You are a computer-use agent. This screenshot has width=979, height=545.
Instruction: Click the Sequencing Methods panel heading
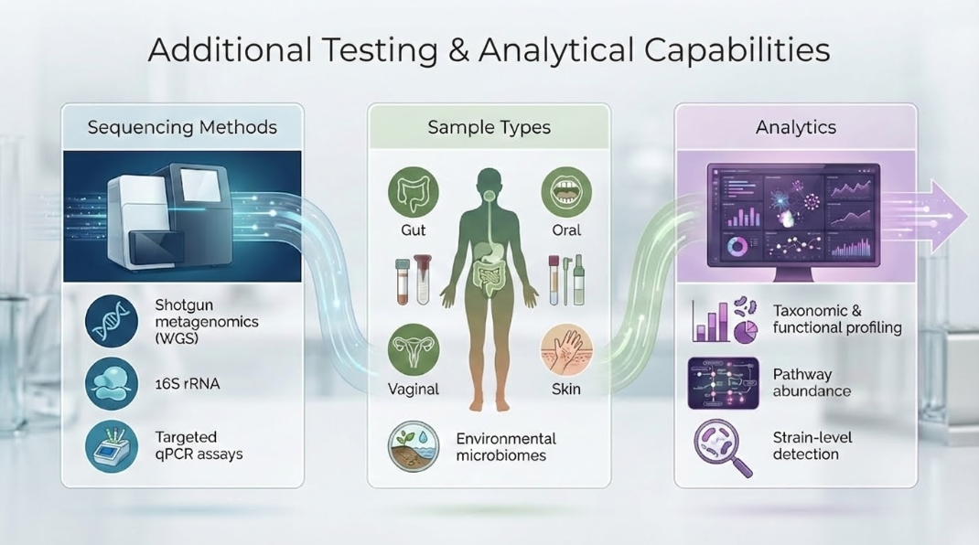(182, 127)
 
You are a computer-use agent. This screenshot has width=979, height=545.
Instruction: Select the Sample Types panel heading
(489, 128)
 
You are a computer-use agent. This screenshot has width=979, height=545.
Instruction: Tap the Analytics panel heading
(795, 127)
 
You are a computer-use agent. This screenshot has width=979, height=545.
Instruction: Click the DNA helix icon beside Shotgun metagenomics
(111, 321)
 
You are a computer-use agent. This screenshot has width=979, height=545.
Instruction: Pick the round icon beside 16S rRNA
(111, 383)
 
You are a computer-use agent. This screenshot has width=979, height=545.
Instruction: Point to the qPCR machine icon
(111, 445)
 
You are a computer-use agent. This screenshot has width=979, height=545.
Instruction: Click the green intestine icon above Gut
(413, 193)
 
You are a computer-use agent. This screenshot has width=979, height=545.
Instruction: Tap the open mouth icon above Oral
(566, 193)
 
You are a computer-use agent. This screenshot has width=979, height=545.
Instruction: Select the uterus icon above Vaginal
(413, 349)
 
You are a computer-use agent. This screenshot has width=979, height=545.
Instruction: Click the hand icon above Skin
(566, 349)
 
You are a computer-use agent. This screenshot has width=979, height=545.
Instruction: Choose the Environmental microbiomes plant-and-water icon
(413, 445)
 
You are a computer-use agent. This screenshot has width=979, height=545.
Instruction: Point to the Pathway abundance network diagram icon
(723, 383)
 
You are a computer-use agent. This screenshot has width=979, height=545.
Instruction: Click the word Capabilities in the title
(737, 51)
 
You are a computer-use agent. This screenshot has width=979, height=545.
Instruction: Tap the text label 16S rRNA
(188, 384)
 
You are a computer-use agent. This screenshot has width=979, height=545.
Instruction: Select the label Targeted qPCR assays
(199, 445)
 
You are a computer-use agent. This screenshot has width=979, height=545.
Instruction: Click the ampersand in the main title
(457, 51)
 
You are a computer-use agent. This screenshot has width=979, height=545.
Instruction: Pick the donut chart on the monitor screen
(737, 247)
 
